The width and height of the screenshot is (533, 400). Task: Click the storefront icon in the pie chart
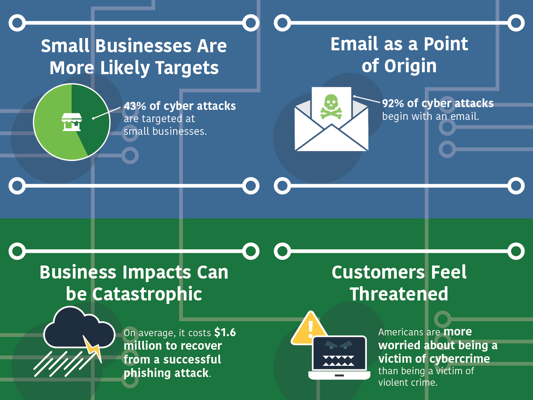[72, 122]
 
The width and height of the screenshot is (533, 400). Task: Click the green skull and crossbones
[331, 107]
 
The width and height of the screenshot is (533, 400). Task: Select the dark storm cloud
[79, 327]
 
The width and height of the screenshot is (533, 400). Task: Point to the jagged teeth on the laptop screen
[338, 360]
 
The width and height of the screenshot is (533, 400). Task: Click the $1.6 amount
[225, 332]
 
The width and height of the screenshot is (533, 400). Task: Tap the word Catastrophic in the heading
[147, 294]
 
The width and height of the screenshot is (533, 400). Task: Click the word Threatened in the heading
[399, 294]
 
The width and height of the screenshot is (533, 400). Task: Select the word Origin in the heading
[410, 66]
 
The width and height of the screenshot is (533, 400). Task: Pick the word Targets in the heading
[187, 68]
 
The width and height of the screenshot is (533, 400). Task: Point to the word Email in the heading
[354, 44]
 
